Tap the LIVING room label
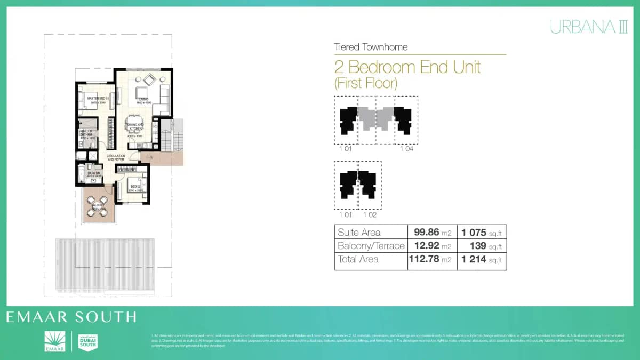coord(143,100)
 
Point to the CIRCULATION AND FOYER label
coord(116,158)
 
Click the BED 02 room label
coord(135,187)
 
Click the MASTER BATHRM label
coord(86,133)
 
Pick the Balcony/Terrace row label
coord(371,246)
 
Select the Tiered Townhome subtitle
coord(371,47)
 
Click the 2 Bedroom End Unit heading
coord(407,67)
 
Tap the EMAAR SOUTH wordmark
coord(71,317)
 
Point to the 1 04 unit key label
coord(406,149)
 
